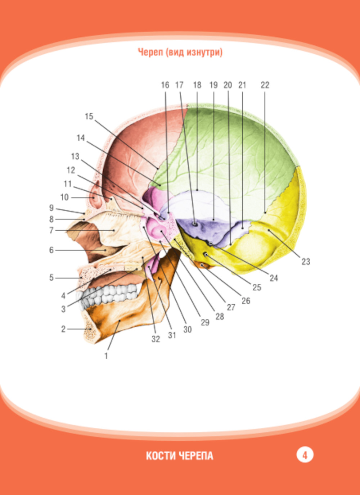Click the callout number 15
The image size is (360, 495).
click(x=89, y=117)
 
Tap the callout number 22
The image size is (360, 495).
click(x=265, y=85)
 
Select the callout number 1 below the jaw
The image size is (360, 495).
click(x=106, y=356)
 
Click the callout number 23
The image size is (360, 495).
click(x=306, y=262)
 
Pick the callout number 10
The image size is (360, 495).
click(x=64, y=197)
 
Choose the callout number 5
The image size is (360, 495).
click(x=51, y=278)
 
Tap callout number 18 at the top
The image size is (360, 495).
click(x=197, y=85)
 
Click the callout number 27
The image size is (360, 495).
click(x=231, y=307)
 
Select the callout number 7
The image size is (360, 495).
click(x=51, y=231)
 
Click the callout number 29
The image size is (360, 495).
click(x=205, y=322)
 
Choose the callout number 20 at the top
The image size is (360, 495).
click(x=228, y=85)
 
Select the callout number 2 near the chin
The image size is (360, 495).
click(x=63, y=329)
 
